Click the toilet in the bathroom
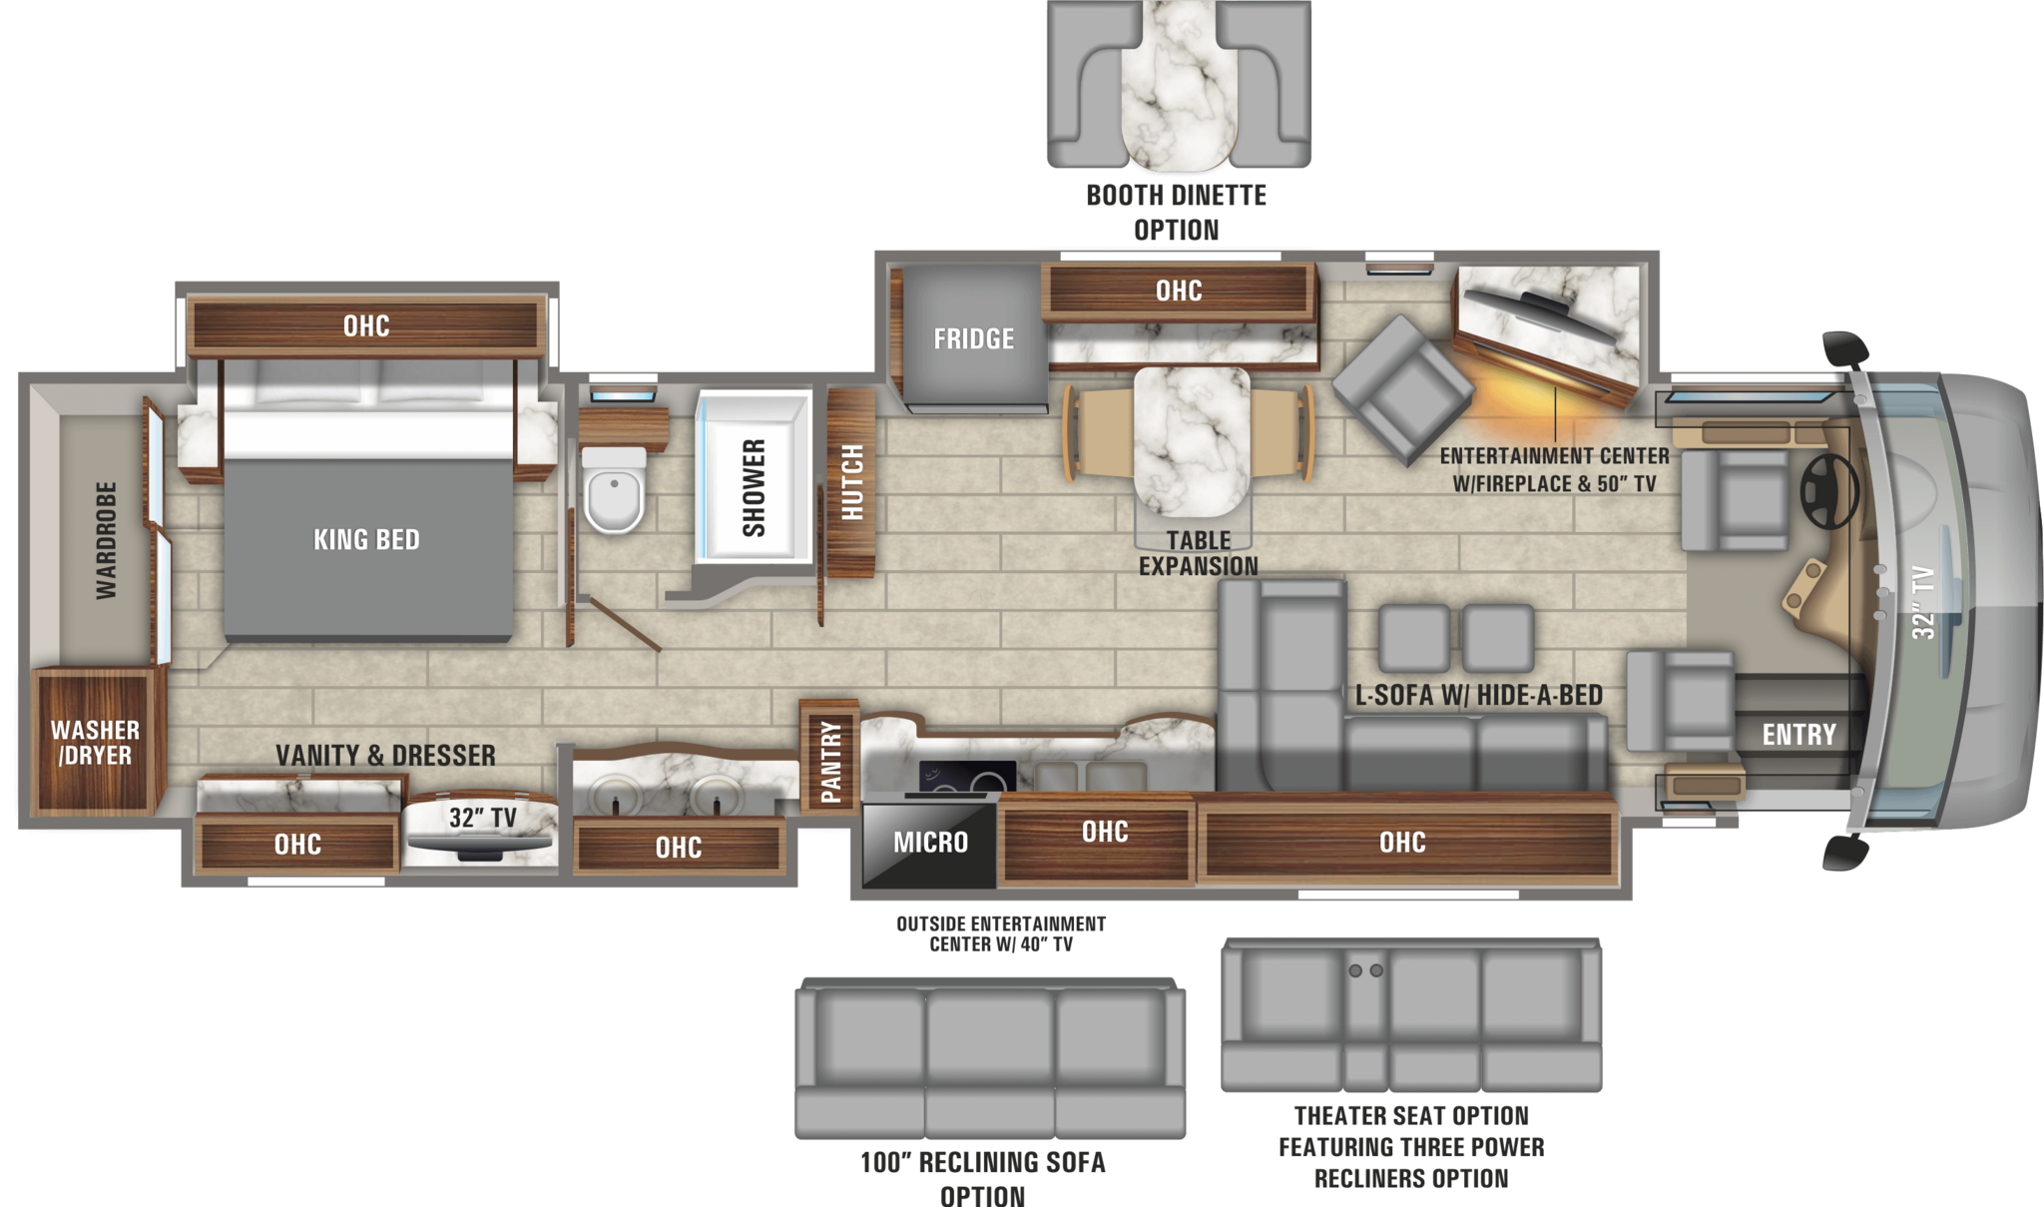[613, 491]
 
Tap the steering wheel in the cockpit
[1828, 491]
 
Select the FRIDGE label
[973, 339]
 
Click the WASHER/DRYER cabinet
[95, 742]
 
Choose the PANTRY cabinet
[829, 758]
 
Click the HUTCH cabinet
[851, 483]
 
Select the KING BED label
[366, 540]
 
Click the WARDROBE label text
[106, 540]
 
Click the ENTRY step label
[1798, 735]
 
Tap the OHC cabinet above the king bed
[366, 326]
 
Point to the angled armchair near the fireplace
[1402, 389]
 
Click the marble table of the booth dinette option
[1178, 85]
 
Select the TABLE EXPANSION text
[1198, 553]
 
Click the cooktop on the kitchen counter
[966, 776]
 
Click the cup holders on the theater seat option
[1364, 970]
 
